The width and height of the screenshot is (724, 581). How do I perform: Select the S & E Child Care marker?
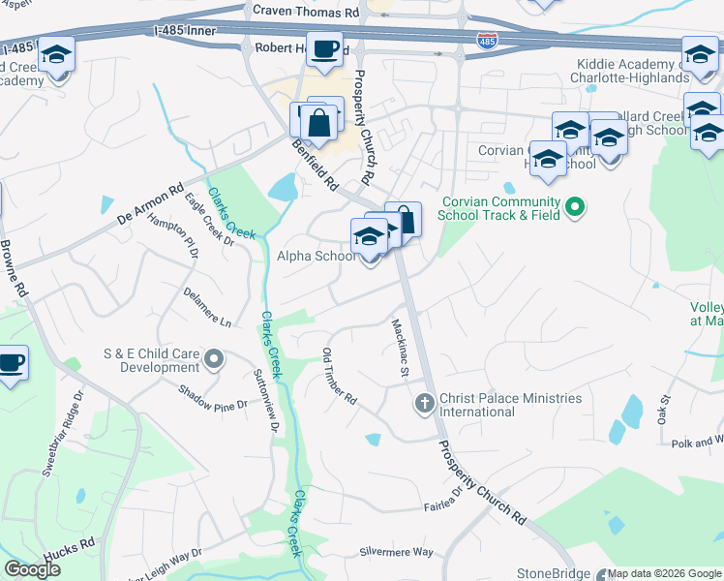(x=215, y=361)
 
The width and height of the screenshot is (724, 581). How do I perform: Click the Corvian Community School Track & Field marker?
(x=575, y=207)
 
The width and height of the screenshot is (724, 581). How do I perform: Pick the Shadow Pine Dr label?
(x=213, y=398)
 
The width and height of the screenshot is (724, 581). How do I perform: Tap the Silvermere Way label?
(x=397, y=551)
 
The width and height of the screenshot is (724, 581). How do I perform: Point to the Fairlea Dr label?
(x=444, y=503)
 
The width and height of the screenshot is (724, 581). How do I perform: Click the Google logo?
(x=31, y=569)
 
